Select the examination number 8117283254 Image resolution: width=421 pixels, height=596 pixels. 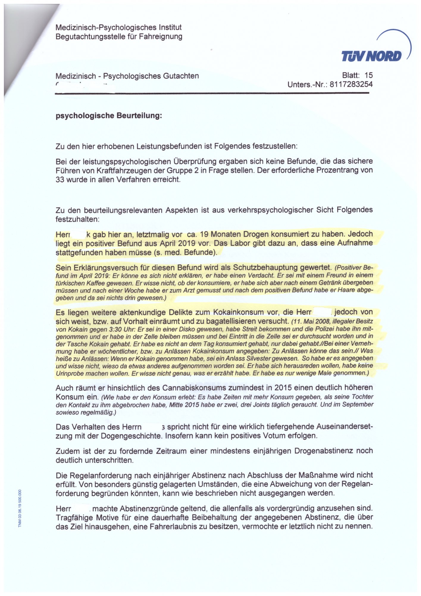(x=351, y=85)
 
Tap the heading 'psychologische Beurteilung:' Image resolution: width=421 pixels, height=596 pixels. (x=109, y=116)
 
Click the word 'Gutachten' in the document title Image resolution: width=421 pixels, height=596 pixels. (x=181, y=76)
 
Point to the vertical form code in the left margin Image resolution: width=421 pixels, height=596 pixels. (x=20, y=508)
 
